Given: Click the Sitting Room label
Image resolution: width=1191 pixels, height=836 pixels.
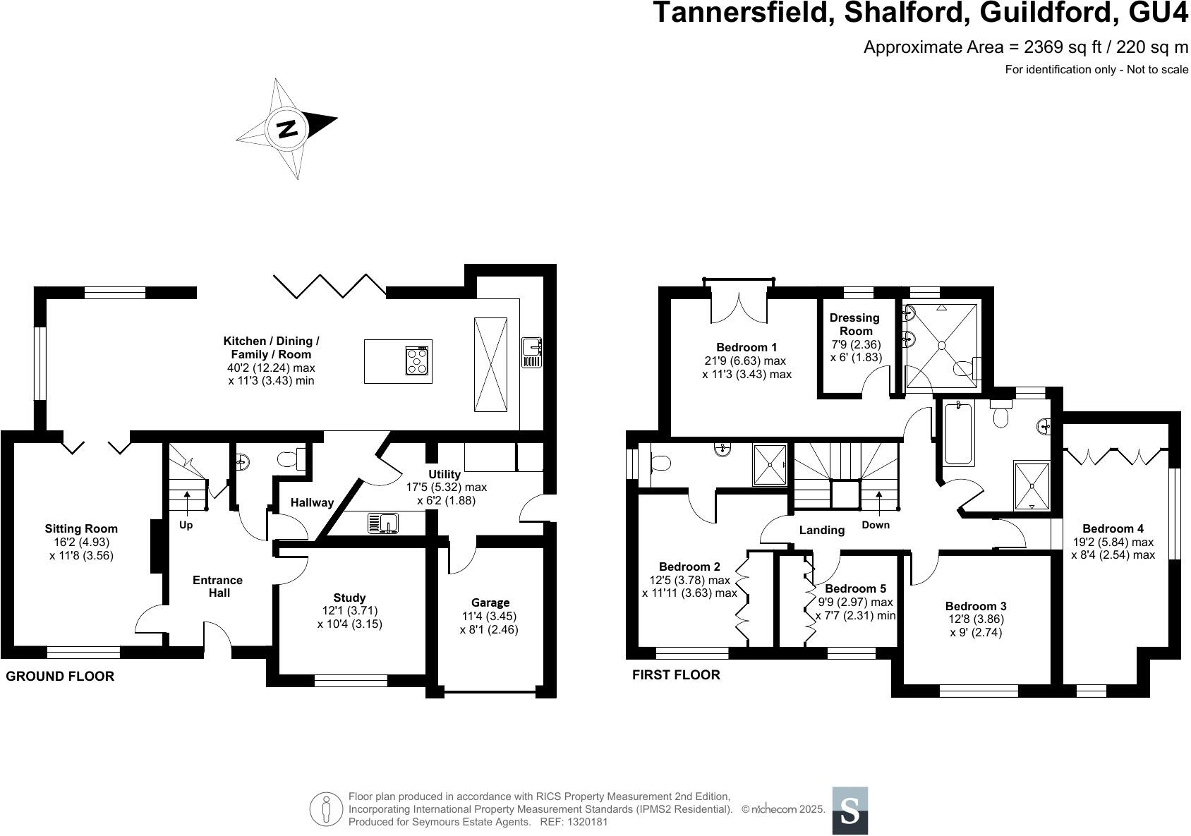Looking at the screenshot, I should click(81, 528).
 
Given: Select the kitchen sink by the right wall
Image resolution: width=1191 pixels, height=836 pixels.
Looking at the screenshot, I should click(531, 352).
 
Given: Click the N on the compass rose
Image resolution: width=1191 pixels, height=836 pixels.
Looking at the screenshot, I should click(286, 129).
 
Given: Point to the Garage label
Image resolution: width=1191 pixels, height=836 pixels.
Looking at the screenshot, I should click(490, 602).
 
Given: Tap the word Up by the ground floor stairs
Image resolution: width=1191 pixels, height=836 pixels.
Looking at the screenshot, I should click(186, 526).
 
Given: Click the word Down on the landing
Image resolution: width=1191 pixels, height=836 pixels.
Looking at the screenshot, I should click(876, 525).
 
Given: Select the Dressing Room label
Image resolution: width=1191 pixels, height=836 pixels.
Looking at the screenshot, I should click(854, 325).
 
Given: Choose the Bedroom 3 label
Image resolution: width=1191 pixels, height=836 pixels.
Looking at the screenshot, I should click(976, 606).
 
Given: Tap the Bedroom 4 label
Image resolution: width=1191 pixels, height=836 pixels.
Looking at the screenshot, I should click(1113, 528).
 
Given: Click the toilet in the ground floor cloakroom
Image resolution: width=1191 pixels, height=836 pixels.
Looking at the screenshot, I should click(289, 459).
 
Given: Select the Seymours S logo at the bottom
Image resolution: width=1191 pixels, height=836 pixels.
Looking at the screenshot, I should click(850, 811).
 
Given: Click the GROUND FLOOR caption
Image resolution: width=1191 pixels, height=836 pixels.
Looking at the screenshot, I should click(60, 677).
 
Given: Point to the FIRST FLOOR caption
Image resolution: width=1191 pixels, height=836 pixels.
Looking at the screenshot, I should click(676, 675).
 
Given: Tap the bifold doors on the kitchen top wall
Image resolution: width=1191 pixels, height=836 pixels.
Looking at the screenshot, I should click(330, 286).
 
